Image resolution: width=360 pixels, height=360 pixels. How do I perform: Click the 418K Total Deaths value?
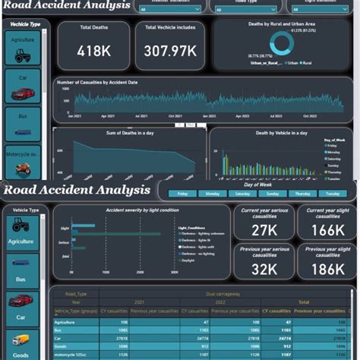click(x=94, y=52)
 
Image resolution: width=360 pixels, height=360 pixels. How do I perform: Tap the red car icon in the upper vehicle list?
click(x=23, y=93)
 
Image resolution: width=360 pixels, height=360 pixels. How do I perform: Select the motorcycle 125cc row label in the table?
click(x=72, y=352)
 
